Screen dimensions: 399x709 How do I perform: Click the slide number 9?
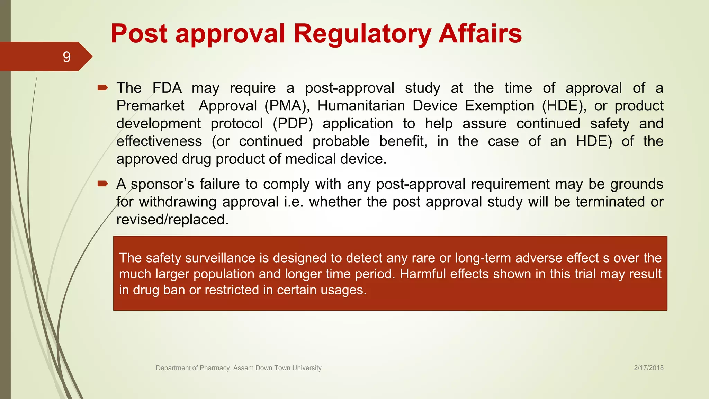pos(67,57)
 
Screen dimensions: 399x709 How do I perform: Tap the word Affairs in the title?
pos(480,34)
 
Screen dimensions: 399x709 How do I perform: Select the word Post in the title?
pos(139,34)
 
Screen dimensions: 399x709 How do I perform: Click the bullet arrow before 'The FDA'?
pos(103,88)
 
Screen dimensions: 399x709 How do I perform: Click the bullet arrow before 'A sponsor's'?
pos(103,184)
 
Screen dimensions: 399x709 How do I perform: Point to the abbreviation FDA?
pos(167,88)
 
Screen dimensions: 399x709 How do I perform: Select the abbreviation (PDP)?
pos(293,124)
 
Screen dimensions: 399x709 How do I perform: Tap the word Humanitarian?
pos(361,106)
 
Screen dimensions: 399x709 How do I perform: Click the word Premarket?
pos(150,106)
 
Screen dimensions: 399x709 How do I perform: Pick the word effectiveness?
pos(159,141)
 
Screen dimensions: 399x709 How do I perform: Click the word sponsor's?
pos(162,184)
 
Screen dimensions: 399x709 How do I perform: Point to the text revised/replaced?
pos(172,220)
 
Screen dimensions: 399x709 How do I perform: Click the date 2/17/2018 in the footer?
pos(648,368)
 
